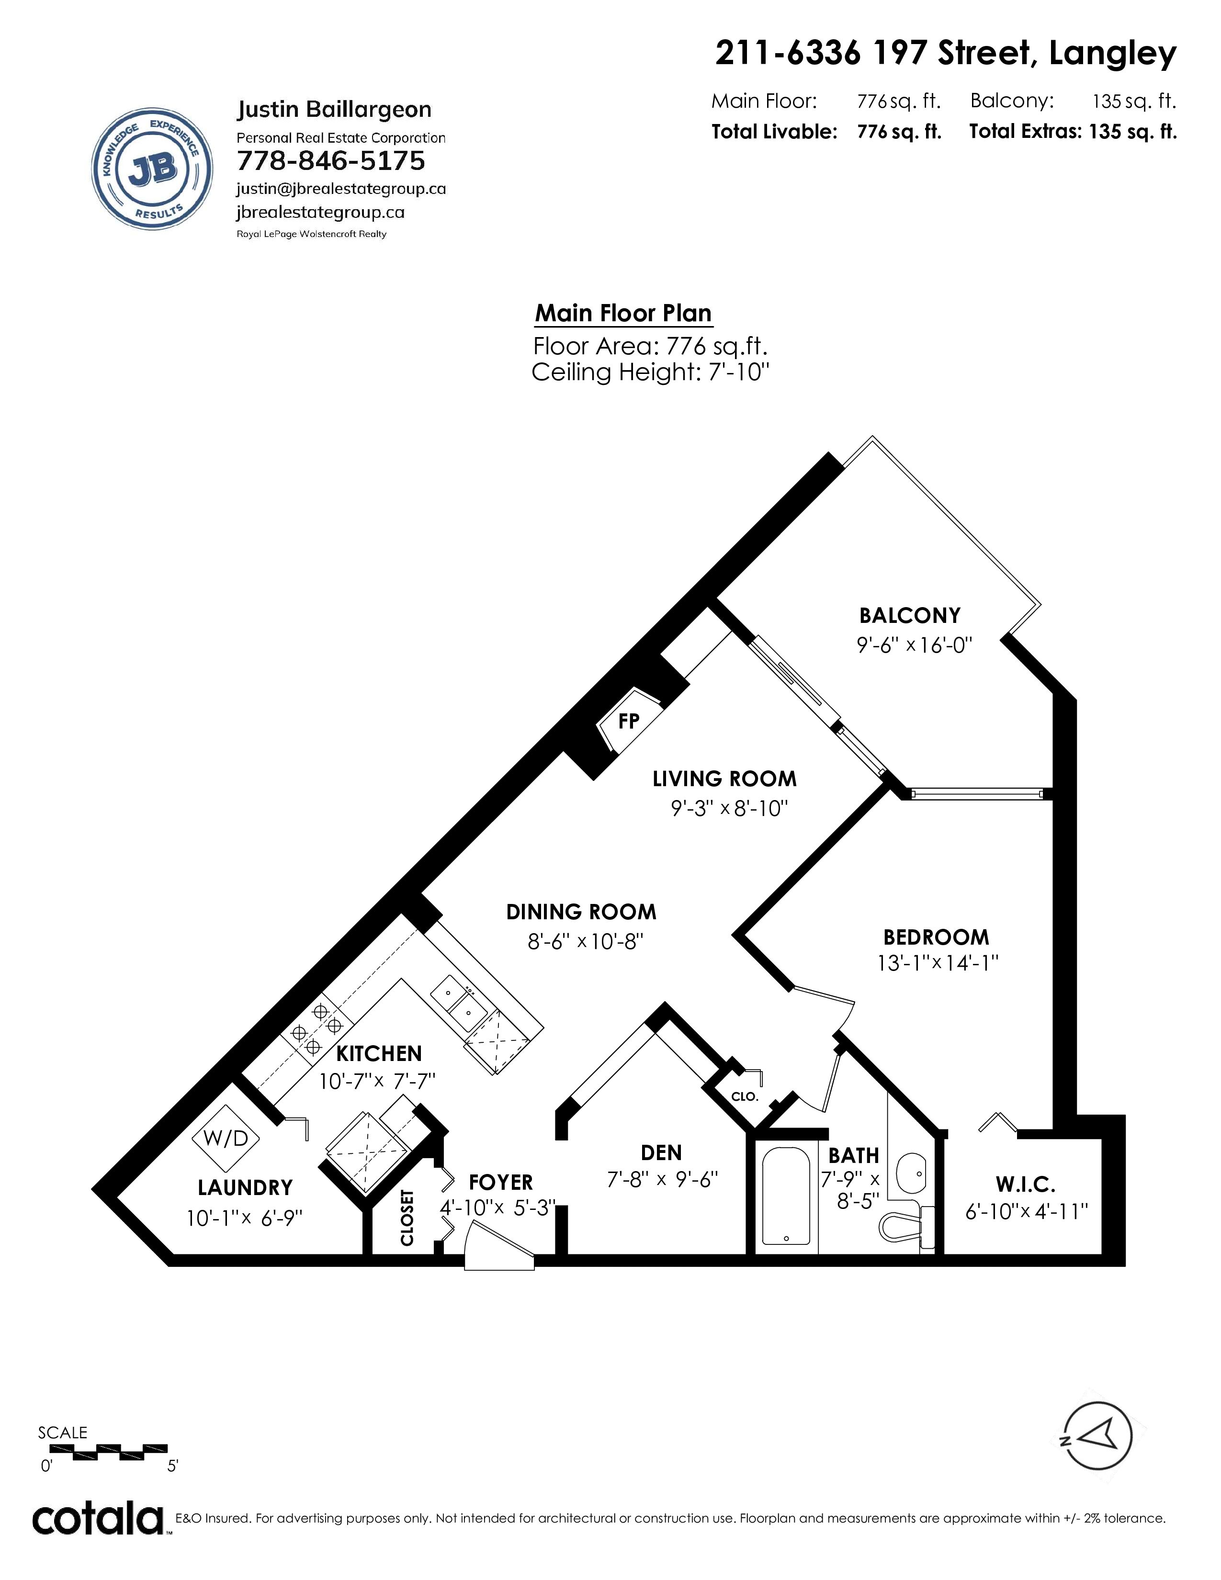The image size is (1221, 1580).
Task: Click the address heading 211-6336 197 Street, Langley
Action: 945,54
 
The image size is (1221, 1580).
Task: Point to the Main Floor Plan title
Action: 623,313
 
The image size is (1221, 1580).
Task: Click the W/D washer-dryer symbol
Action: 226,1138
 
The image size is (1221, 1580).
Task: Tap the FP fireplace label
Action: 629,721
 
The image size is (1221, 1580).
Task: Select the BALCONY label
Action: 910,616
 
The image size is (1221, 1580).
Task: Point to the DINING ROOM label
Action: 581,912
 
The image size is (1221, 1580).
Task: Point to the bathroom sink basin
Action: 911,1173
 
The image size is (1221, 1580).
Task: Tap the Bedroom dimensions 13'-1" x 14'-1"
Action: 938,963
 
